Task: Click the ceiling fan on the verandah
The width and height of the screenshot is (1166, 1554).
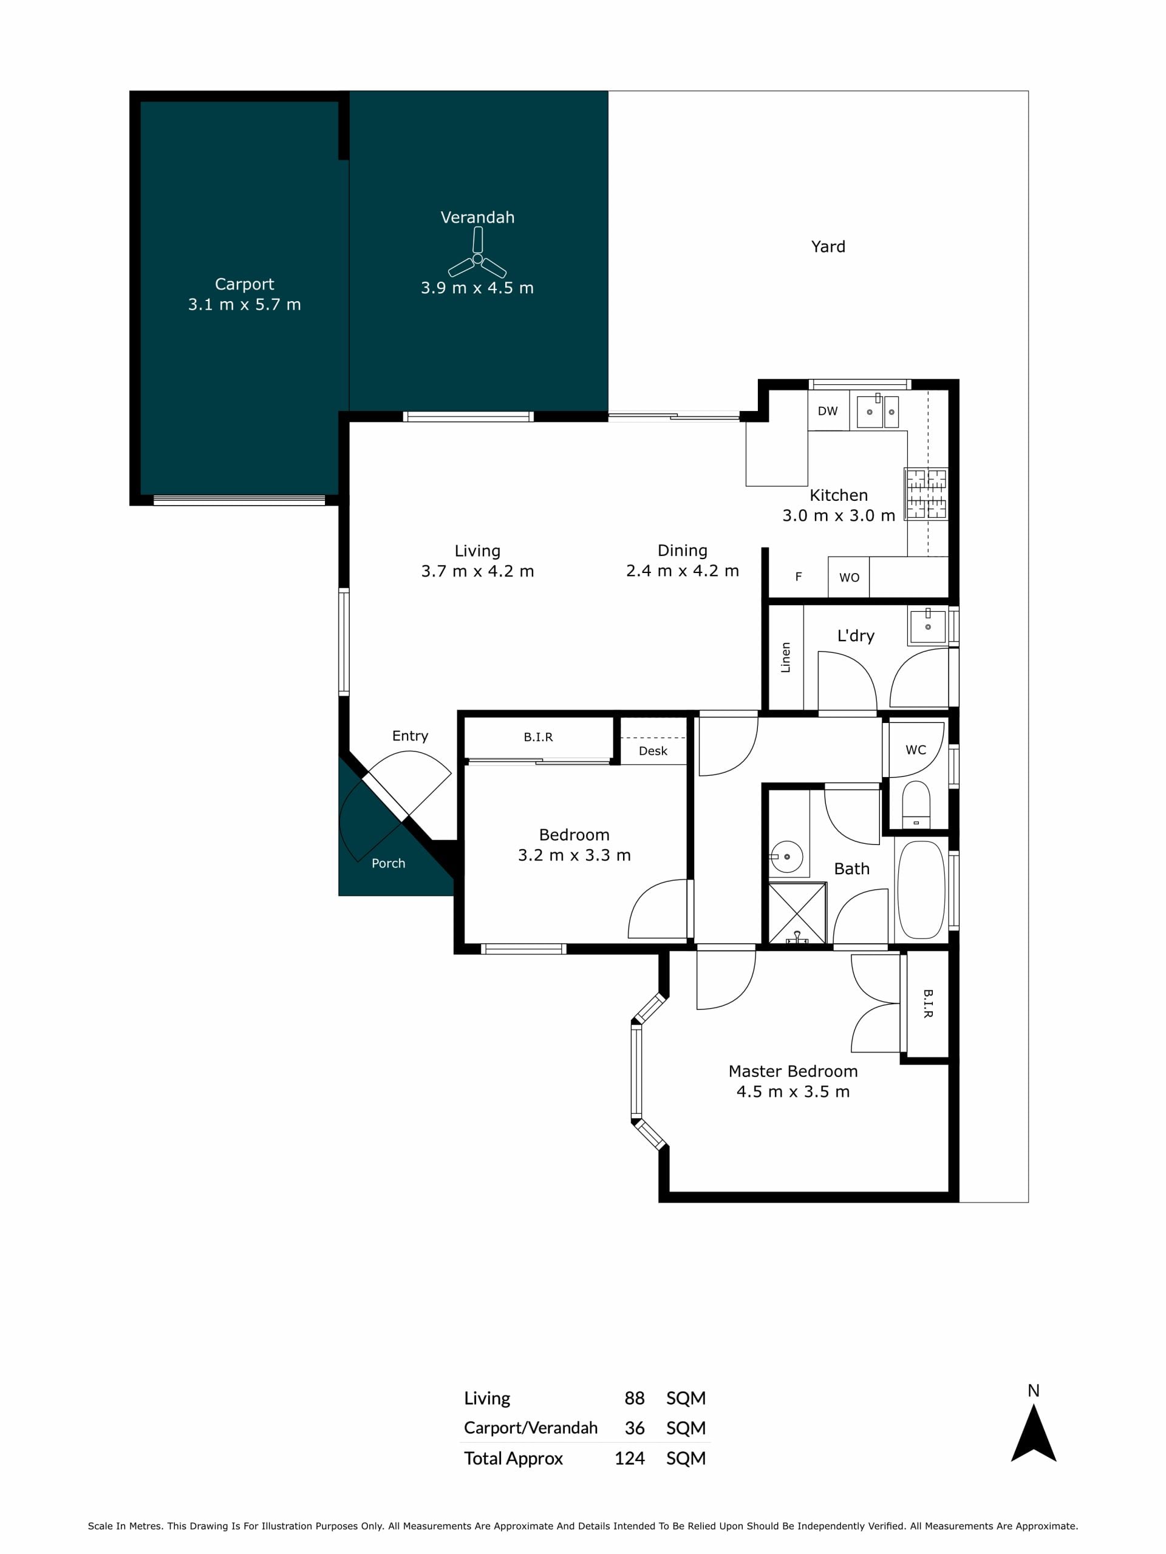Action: coord(477,258)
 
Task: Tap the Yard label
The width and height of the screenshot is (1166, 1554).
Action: coord(828,246)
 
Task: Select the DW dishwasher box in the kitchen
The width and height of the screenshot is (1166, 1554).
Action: coord(828,411)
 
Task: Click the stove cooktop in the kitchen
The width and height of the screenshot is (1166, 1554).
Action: coord(926,494)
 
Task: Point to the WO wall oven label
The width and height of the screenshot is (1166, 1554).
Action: coord(849,577)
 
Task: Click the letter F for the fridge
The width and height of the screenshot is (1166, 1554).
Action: coord(799,577)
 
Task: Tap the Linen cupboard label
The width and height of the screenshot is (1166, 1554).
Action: coord(786,657)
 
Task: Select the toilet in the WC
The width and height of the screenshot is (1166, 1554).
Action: coord(916,804)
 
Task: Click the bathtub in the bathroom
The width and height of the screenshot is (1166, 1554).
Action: coord(921,889)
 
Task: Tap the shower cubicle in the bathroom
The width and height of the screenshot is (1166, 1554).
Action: coord(797,914)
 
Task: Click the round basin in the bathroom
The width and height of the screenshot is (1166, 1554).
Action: coord(786,857)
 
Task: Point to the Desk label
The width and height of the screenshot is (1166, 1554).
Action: coord(653,751)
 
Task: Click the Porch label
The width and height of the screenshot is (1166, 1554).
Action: coord(388,863)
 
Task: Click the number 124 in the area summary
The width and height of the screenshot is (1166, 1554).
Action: coord(629,1459)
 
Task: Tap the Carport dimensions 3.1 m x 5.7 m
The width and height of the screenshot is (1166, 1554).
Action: coord(244,304)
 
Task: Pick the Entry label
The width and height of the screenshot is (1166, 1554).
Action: coord(410,736)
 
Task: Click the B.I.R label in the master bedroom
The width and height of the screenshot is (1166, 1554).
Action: coord(928,1004)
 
